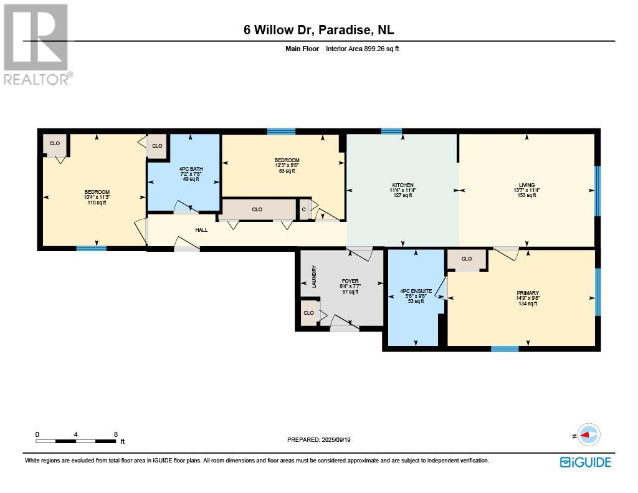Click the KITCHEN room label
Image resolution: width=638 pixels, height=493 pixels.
tap(403, 185)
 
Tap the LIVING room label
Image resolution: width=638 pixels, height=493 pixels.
tap(526, 185)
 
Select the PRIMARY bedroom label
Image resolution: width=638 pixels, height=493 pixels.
tap(528, 293)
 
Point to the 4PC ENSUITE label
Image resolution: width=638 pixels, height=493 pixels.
tap(416, 291)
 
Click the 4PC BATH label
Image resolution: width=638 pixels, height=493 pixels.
tap(191, 169)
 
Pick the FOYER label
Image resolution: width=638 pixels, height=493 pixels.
tap(350, 281)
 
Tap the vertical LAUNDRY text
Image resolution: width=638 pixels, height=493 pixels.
tap(314, 277)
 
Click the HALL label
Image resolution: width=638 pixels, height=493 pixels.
tap(201, 230)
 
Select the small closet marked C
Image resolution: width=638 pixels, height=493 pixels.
tap(303, 209)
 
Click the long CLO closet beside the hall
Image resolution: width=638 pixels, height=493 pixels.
tap(257, 209)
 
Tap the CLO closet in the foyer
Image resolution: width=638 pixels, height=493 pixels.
tap(309, 313)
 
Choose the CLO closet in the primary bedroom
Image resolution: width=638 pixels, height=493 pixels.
tap(467, 259)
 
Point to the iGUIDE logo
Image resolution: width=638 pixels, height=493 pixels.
tap(586, 462)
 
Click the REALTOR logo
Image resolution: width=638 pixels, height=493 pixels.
tap(37, 44)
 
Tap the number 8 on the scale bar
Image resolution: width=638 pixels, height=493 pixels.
tap(116, 434)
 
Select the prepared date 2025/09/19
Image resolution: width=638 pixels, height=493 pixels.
tap(336, 439)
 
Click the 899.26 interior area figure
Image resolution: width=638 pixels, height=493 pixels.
tap(374, 49)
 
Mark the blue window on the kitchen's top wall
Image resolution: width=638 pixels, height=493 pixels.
tap(391, 131)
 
